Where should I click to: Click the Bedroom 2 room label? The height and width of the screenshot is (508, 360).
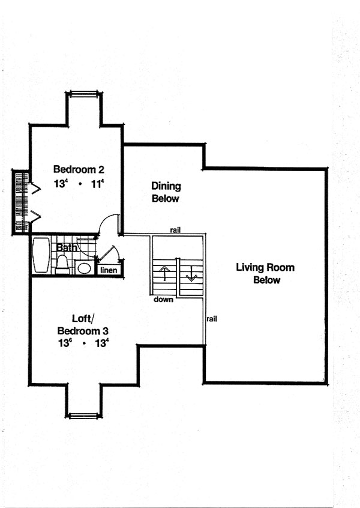point(79,169)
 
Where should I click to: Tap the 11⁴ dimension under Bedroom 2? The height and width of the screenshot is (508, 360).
point(97,184)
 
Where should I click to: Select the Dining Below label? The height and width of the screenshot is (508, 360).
point(166,192)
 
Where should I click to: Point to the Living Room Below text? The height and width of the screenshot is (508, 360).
point(265,273)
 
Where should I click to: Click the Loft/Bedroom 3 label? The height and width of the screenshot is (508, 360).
point(83,324)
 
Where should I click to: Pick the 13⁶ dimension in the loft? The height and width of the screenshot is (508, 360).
point(64,343)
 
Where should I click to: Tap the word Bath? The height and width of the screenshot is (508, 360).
point(67,248)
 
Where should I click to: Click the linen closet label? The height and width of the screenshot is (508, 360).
point(109,270)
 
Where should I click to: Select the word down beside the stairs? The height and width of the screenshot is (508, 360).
point(163,300)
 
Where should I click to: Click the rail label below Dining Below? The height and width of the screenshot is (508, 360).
point(175,230)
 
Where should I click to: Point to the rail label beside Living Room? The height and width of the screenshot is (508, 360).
point(212,319)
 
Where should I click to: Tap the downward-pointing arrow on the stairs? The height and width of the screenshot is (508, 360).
point(191,274)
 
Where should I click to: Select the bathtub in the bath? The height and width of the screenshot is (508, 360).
point(41,255)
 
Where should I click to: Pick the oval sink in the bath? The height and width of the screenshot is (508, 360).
point(84,268)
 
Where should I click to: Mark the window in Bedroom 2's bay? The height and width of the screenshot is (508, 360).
point(84,94)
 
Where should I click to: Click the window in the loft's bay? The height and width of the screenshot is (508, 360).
point(84,416)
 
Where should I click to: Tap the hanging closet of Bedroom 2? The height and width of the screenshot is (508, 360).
point(22,202)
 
